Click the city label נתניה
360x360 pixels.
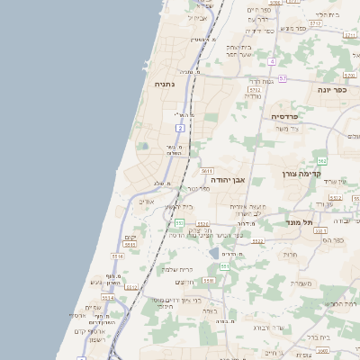pyautogui.click(x=164, y=85)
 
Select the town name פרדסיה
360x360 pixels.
pyautogui.click(x=287, y=117)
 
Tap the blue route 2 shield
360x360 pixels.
pyautogui.click(x=180, y=129)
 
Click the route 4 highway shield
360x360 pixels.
pyautogui.click(x=271, y=61)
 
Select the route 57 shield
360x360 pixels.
pyautogui.click(x=283, y=78)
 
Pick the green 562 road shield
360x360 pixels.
pyautogui.click(x=321, y=160)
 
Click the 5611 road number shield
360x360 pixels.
pyautogui.click(x=207, y=170)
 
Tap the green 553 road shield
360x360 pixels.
pyautogui.click(x=180, y=222)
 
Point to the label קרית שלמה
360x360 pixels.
pyautogui.click(x=178, y=269)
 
